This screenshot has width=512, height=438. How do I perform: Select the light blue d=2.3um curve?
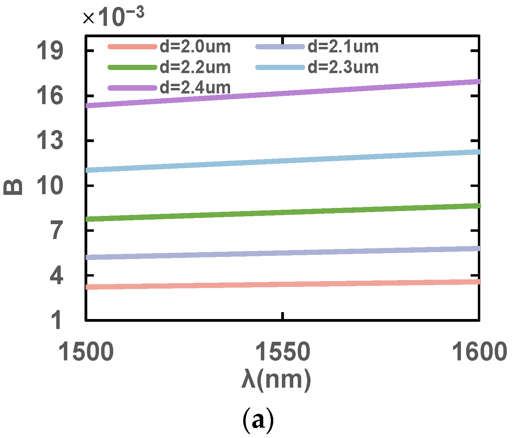click(283, 160)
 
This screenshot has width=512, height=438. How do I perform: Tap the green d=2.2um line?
click(283, 212)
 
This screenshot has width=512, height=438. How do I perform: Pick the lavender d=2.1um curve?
click(283, 253)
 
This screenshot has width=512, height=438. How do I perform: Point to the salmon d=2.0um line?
click(283, 284)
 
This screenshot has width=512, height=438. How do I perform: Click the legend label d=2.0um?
click(195, 47)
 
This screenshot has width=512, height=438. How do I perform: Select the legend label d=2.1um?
click(343, 47)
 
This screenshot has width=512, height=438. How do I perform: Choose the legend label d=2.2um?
click(195, 67)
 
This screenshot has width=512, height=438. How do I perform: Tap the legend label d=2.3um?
click(343, 67)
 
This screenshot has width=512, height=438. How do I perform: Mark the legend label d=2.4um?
click(195, 88)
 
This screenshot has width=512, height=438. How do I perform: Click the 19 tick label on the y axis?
click(50, 51)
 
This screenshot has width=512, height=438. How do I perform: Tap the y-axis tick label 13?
click(50, 141)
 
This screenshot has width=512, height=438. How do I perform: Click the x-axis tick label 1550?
click(283, 352)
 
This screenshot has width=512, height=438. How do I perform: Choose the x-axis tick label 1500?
click(86, 352)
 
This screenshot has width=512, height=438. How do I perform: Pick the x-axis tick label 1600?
click(480, 352)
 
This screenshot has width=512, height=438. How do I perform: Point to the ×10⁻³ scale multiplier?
click(114, 17)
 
